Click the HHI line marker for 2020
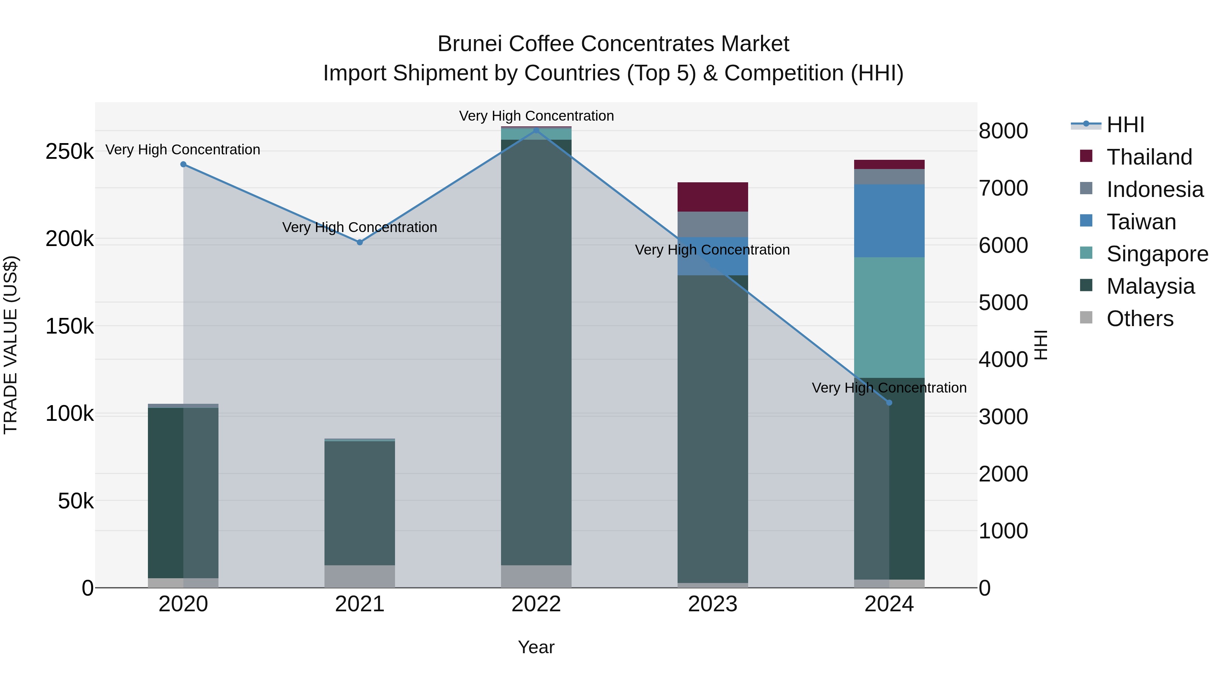tap(183, 164)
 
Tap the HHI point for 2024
tap(889, 403)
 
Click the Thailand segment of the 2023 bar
tap(713, 197)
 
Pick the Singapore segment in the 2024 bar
tap(889, 317)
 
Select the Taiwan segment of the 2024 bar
tap(889, 220)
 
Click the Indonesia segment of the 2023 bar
tap(713, 224)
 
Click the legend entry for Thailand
tap(1149, 157)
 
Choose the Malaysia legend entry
tap(1150, 286)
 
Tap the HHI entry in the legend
tap(1125, 125)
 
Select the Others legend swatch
tap(1086, 317)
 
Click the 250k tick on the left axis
tap(70, 152)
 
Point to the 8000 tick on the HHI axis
tap(1003, 131)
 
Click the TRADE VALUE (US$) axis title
tap(11, 345)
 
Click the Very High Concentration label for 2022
tap(536, 116)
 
